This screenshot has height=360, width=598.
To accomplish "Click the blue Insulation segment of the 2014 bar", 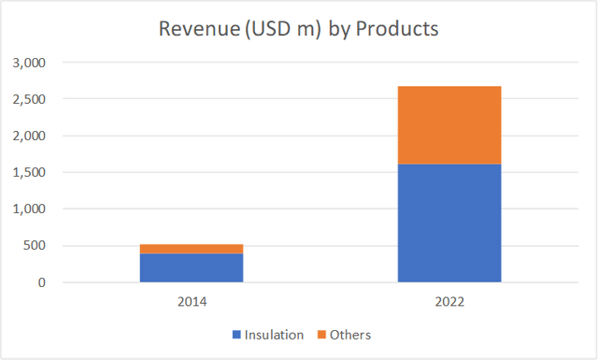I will point(192,267).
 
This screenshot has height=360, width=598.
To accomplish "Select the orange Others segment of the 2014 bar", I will point(192,249).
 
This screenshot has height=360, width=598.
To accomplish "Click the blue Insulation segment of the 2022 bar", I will point(449,223).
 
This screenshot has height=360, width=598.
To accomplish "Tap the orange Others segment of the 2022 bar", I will point(449,125).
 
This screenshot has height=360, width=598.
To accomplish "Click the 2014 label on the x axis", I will point(192,303).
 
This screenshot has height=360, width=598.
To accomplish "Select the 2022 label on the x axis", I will point(449,303).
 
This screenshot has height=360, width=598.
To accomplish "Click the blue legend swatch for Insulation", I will point(237,335).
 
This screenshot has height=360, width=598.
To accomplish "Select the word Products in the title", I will point(398,29).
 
